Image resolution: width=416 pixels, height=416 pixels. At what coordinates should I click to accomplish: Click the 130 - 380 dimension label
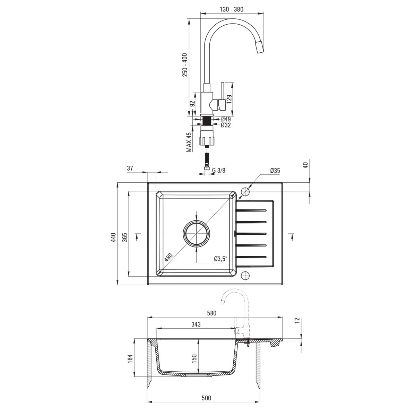[x=232, y=9]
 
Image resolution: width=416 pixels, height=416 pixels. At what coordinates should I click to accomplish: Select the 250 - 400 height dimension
[x=185, y=65]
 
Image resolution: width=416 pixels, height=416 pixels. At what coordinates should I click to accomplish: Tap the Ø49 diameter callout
[x=226, y=119]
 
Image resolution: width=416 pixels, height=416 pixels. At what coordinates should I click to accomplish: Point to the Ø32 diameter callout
[x=226, y=125]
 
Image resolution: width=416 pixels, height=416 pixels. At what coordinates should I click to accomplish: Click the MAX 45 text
[x=189, y=142]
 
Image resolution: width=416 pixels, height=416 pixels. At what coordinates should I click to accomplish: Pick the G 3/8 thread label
[x=219, y=170]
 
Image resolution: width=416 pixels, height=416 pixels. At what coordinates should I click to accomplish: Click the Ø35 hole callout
[x=275, y=171]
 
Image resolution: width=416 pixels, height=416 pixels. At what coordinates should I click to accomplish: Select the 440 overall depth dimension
[x=114, y=237]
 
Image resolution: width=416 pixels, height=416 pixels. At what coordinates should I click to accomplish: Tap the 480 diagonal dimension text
[x=168, y=257]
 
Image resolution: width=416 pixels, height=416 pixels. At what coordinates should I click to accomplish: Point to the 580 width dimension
[x=211, y=313]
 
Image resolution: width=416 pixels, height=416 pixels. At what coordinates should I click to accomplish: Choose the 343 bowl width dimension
[x=196, y=324]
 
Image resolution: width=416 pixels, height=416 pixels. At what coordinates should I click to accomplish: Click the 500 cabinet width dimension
[x=206, y=386]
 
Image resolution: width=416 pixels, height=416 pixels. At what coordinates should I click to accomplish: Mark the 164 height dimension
[x=130, y=359]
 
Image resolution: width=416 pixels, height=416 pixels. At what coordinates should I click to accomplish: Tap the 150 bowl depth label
[x=194, y=359]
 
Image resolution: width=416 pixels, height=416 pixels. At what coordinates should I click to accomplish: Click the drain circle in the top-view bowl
[x=197, y=234]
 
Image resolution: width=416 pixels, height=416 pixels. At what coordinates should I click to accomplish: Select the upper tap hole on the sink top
[x=245, y=191]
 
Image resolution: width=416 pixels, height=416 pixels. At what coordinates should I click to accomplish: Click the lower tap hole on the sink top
[x=245, y=275]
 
